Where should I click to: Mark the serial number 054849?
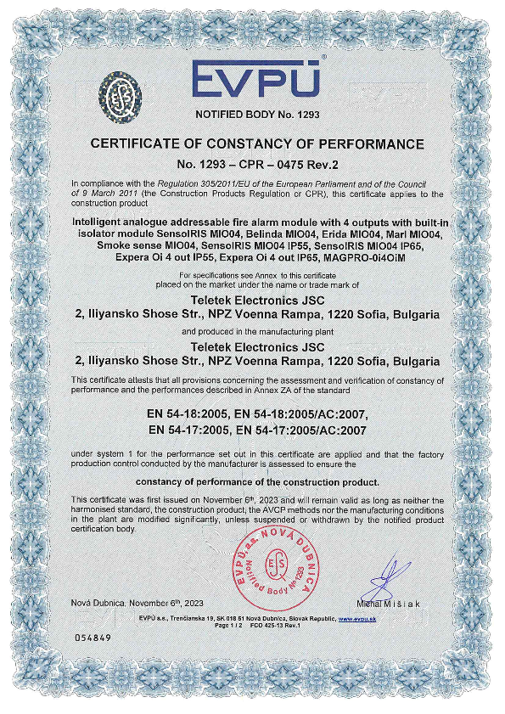tap(93, 636)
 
